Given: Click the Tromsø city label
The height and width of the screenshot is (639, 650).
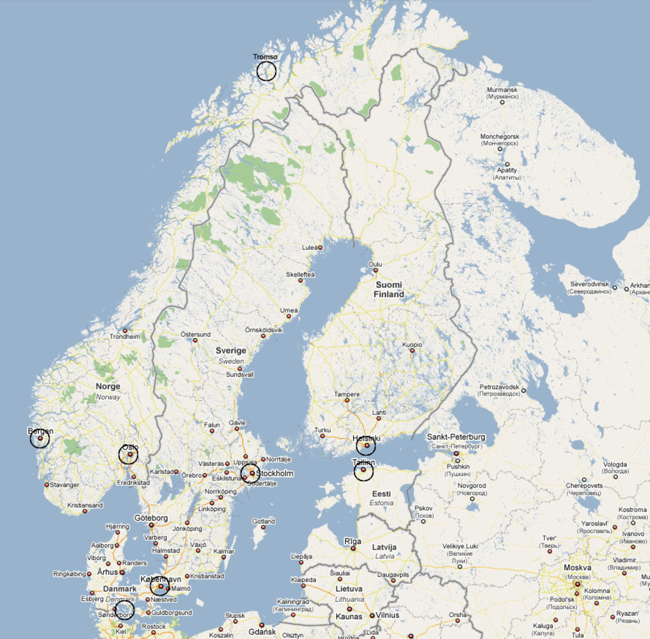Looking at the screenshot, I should tap(265, 57).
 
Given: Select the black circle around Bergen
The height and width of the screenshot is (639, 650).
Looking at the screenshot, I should tap(40, 438).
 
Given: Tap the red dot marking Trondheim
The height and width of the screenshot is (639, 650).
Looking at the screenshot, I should tap(125, 331).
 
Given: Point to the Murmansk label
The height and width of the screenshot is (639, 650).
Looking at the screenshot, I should tap(502, 90).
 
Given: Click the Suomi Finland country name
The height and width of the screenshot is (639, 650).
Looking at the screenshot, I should tap(389, 289).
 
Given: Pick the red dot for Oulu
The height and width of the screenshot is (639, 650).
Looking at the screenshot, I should tap(375, 270).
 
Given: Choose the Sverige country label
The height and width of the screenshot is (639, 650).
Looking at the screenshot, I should tap(231, 351).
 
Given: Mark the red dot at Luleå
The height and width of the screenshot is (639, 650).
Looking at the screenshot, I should tap(320, 248).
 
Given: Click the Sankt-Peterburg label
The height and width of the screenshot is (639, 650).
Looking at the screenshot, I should tap(456, 437).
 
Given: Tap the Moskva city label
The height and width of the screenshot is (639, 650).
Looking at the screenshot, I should tap(577, 568).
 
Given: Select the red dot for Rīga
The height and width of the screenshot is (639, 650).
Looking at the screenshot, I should tap(353, 548).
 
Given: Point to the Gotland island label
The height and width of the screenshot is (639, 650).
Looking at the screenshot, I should tap(264, 522).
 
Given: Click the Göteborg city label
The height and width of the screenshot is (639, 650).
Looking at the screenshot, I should tap(151, 518).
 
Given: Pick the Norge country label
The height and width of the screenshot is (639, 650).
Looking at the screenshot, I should tap(108, 386).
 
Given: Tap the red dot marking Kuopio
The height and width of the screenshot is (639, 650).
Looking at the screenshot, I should tap(412, 351).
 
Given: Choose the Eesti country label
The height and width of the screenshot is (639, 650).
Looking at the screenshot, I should tap(381, 494).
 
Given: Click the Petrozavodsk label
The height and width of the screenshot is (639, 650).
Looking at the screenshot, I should tap(499, 387).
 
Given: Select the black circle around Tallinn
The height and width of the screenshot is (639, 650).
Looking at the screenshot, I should tap(363, 471).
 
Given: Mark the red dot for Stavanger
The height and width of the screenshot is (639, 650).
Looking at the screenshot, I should tap(47, 485).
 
